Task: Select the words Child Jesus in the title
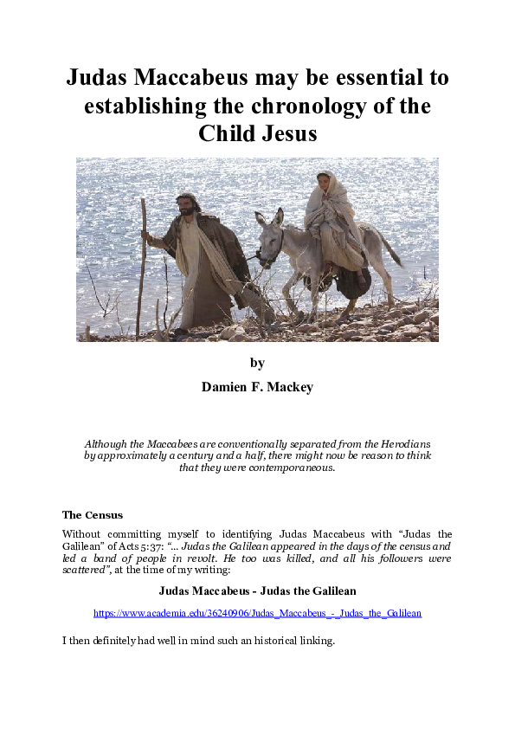click(x=257, y=134)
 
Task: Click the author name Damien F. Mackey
click(x=257, y=387)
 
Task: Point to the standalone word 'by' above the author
click(x=257, y=362)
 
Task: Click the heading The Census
click(x=93, y=515)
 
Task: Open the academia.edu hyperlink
click(x=257, y=613)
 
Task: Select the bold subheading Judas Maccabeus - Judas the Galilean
click(x=257, y=591)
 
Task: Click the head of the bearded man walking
click(x=185, y=204)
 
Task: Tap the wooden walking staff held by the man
click(x=142, y=260)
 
